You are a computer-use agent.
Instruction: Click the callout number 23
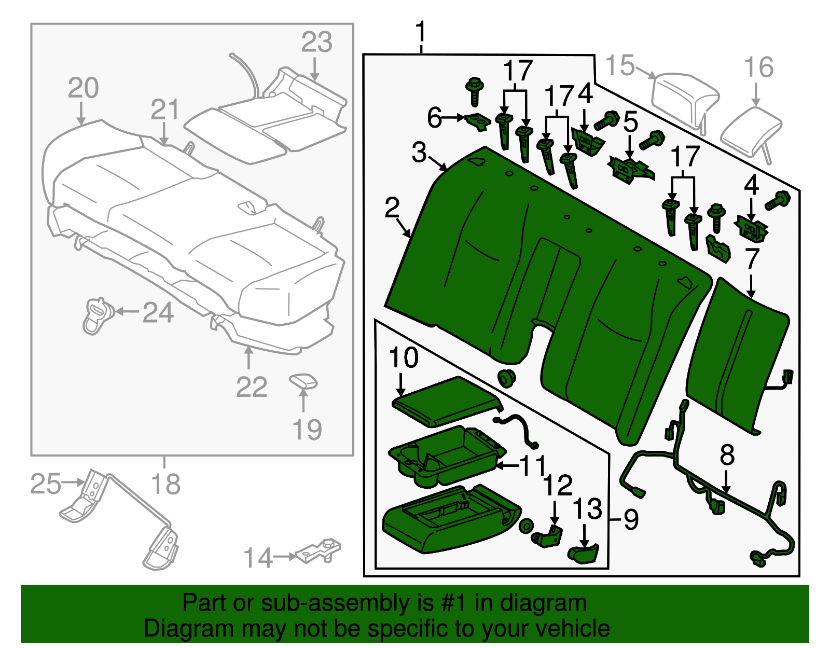(x=316, y=43)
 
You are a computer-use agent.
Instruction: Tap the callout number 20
(x=83, y=88)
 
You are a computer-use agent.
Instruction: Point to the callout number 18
(x=165, y=484)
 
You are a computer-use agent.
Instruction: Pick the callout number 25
(x=46, y=484)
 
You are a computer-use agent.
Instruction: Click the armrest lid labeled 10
(x=446, y=402)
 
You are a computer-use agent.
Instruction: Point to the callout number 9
(x=630, y=519)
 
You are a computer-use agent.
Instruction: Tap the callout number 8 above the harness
(x=727, y=455)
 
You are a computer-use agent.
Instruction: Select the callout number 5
(x=630, y=123)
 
